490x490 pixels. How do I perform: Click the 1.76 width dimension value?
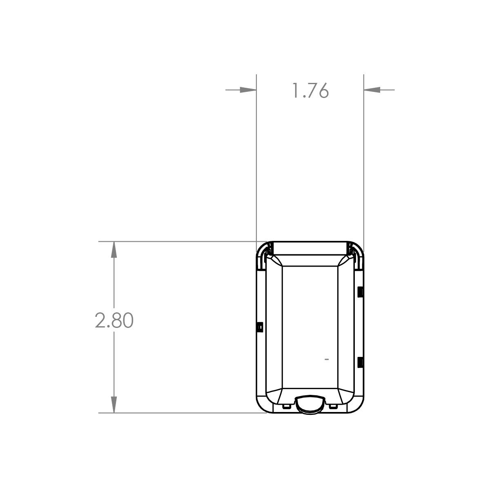point(310,91)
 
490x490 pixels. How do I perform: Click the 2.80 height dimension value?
point(114,321)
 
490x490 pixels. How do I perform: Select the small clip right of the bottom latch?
point(333,406)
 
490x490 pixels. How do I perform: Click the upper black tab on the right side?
point(360,292)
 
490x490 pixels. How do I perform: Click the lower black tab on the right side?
point(360,362)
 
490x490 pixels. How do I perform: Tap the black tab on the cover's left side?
point(259,327)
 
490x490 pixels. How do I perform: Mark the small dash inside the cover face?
point(326,359)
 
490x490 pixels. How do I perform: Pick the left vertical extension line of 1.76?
point(256,163)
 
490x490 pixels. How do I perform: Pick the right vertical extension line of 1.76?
point(363,163)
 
